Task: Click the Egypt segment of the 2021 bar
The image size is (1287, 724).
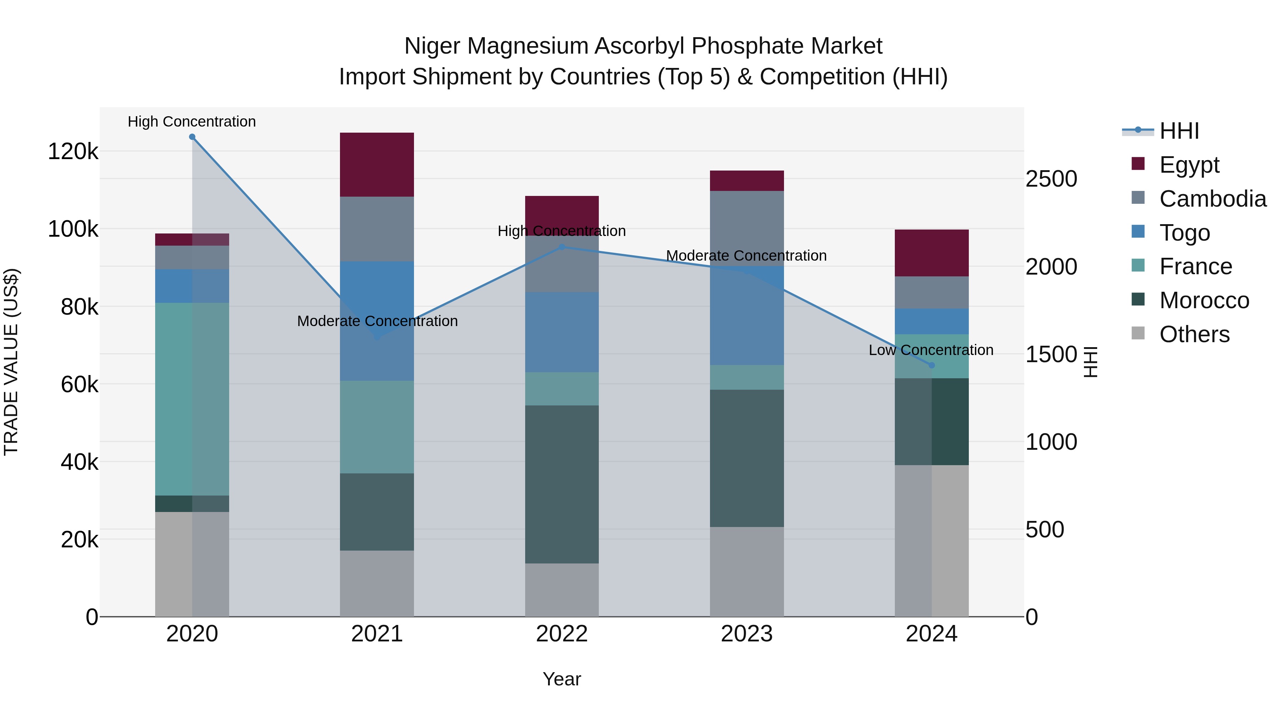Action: (x=377, y=164)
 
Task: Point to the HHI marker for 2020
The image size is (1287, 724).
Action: (x=192, y=137)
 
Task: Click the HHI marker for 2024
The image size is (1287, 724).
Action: (x=931, y=365)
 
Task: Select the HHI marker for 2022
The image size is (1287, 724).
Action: (x=562, y=247)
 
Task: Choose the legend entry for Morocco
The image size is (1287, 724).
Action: (x=1204, y=300)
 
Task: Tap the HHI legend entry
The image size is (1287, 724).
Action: (x=1179, y=131)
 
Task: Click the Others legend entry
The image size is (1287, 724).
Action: (x=1194, y=334)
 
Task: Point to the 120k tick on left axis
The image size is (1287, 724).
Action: (x=73, y=151)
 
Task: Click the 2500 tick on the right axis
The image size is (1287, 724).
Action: (x=1051, y=179)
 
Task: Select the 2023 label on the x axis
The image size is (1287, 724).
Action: (x=746, y=634)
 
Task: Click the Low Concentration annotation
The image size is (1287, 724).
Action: (x=931, y=350)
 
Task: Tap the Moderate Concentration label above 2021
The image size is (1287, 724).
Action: (x=377, y=321)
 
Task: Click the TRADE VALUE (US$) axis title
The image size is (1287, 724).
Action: (x=11, y=362)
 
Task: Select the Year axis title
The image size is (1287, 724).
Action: (x=562, y=679)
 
